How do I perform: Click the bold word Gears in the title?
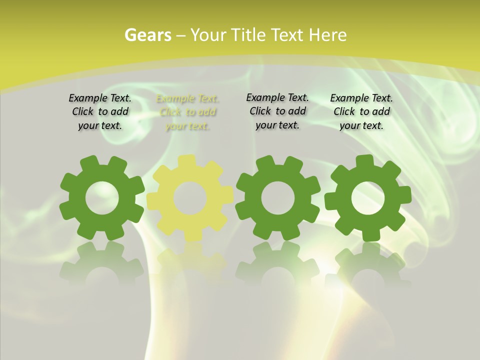147,35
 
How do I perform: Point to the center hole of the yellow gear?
190,198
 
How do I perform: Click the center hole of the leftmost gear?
102,198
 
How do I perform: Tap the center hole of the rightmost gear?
368,198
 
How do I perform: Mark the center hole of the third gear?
277,198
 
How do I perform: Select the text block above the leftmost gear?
100,112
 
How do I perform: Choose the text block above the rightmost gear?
361,112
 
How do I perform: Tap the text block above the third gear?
277,111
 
